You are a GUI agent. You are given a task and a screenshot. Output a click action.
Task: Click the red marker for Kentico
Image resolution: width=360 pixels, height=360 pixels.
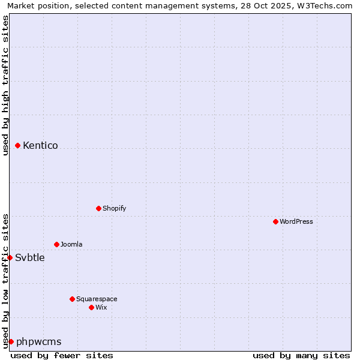pyautogui.click(x=18, y=145)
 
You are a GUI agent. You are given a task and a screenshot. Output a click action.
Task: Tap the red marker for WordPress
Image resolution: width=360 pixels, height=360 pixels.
pyautogui.click(x=276, y=221)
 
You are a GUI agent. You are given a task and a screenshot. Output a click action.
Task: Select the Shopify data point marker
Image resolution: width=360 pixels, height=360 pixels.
pyautogui.click(x=99, y=208)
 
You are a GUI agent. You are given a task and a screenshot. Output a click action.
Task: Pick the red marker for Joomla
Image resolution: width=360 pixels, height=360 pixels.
pyautogui.click(x=57, y=244)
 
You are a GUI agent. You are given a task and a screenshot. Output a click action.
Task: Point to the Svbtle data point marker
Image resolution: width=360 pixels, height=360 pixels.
pyautogui.click(x=10, y=257)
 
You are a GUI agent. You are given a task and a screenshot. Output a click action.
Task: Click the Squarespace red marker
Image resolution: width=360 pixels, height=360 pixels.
pyautogui.click(x=73, y=299)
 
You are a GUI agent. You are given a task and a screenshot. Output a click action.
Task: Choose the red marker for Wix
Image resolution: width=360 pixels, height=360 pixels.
pyautogui.click(x=92, y=307)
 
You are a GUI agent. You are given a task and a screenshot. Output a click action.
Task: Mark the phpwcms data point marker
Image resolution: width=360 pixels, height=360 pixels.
pyautogui.click(x=11, y=341)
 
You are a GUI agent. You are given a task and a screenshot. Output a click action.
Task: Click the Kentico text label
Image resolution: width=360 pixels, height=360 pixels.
pyautogui.click(x=40, y=145)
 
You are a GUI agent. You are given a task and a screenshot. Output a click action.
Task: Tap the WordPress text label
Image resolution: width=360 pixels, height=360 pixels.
pyautogui.click(x=296, y=221)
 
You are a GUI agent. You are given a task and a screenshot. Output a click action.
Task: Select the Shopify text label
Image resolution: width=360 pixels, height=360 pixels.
pyautogui.click(x=115, y=208)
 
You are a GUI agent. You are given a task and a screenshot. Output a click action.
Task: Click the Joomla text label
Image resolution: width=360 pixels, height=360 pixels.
pyautogui.click(x=71, y=244)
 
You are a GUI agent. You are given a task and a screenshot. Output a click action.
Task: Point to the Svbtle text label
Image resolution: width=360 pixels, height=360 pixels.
pyautogui.click(x=30, y=258)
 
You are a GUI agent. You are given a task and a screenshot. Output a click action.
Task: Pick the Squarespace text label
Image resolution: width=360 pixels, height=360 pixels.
pyautogui.click(x=97, y=299)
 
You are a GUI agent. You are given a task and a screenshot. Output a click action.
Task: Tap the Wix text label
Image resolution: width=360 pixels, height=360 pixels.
pyautogui.click(x=101, y=307)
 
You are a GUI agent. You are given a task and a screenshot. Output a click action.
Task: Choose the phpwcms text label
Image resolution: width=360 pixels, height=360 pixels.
pyautogui.click(x=39, y=342)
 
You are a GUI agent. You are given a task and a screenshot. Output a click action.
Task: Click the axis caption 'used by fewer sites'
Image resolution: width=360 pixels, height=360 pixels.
pyautogui.click(x=62, y=355)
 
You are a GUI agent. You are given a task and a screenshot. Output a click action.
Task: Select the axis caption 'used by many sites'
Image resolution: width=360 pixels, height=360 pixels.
pyautogui.click(x=301, y=355)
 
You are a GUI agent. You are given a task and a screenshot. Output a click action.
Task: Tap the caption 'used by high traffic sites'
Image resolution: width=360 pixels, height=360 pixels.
pyautogui.click(x=6, y=85)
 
